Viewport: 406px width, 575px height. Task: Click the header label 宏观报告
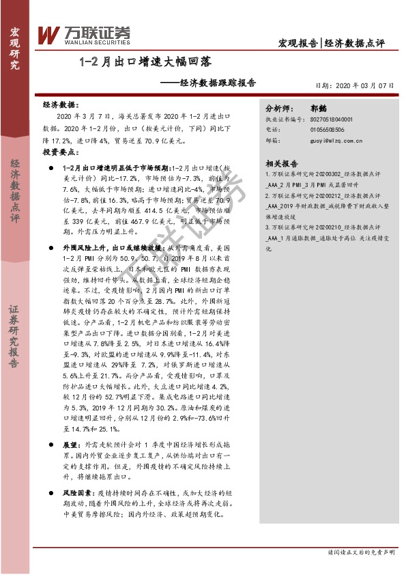coord(298,43)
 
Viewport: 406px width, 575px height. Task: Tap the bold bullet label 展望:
coord(72,444)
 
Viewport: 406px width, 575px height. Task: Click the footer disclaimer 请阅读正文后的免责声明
coord(361,551)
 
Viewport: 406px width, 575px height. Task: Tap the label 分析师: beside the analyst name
coord(278,108)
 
